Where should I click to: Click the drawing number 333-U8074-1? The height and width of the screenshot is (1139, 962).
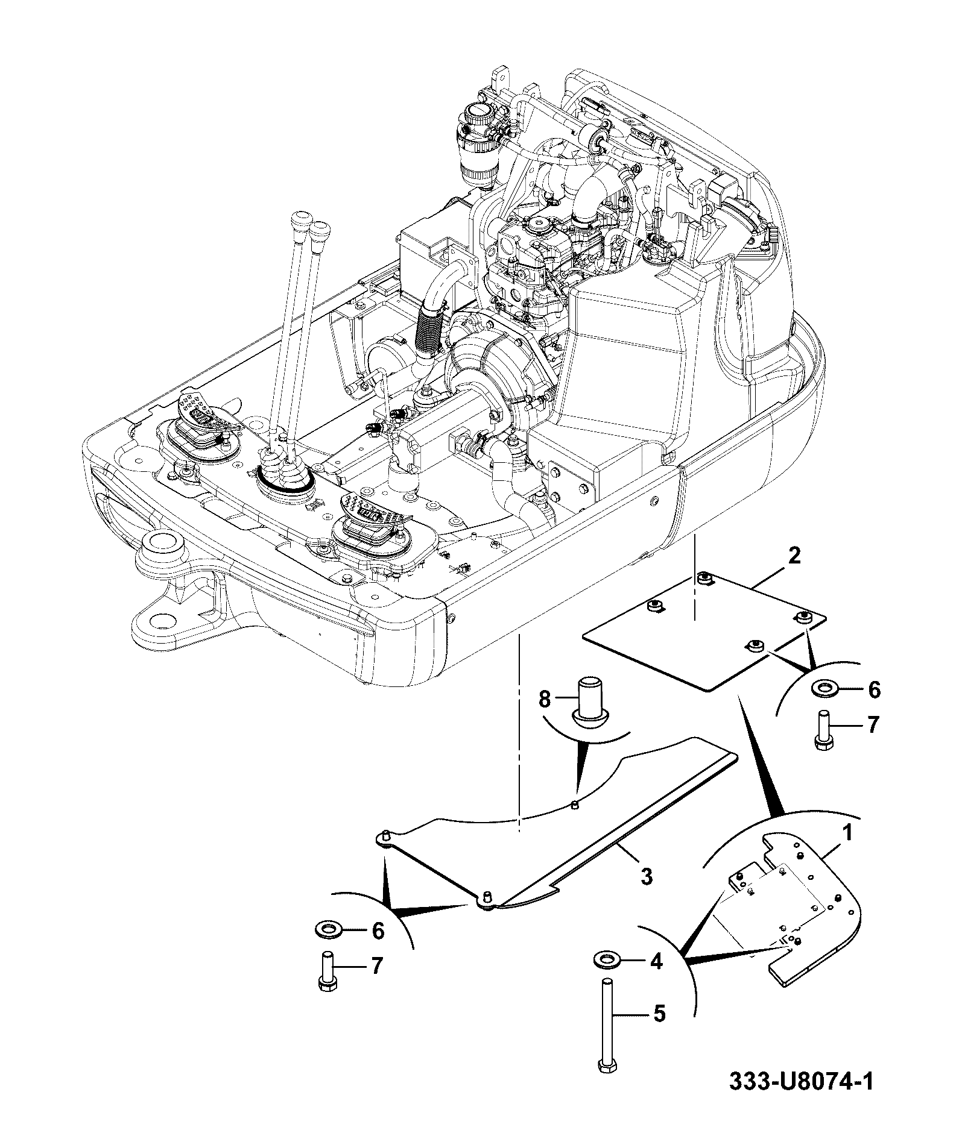click(x=801, y=1098)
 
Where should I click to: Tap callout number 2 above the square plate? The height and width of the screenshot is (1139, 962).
click(x=794, y=555)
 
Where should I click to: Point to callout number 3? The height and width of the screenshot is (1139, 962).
click(x=647, y=876)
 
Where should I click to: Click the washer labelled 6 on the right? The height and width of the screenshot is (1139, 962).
click(x=824, y=688)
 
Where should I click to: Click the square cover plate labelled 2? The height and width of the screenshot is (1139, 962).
click(x=704, y=630)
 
